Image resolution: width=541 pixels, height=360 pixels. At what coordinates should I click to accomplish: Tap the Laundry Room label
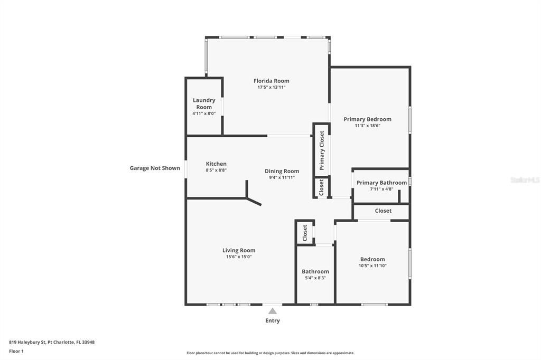tap(204, 103)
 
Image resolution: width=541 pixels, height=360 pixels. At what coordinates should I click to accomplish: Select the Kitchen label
tap(216, 164)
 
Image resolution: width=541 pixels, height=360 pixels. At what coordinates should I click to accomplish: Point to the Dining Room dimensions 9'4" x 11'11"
tap(282, 177)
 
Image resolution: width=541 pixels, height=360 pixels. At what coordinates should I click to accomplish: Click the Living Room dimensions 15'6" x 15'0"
tap(239, 257)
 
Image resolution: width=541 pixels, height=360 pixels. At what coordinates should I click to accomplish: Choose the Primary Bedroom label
tap(367, 119)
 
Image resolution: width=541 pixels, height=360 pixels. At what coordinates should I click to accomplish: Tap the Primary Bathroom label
tap(381, 183)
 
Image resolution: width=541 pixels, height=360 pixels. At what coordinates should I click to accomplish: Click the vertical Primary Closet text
tap(322, 150)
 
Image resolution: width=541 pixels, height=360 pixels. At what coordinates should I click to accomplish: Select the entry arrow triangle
tap(272, 311)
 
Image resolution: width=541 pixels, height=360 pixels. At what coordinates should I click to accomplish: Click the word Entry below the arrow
tap(273, 320)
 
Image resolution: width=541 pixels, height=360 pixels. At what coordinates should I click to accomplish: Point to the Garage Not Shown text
tap(155, 168)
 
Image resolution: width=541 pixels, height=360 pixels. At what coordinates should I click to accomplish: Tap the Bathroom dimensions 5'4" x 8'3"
tap(315, 278)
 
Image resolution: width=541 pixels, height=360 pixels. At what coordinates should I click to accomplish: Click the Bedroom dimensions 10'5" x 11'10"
tap(372, 266)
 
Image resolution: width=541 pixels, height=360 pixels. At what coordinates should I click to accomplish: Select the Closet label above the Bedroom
tap(383, 211)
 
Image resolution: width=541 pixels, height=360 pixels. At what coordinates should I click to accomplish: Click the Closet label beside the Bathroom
tap(305, 233)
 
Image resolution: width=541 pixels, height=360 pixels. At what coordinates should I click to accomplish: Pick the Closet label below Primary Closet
tap(321, 187)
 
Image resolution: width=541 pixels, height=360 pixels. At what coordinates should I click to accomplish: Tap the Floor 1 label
tap(16, 351)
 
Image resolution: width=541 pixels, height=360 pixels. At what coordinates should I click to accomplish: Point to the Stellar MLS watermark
tap(525, 180)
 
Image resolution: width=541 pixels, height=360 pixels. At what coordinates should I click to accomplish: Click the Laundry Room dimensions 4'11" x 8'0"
tap(204, 113)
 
